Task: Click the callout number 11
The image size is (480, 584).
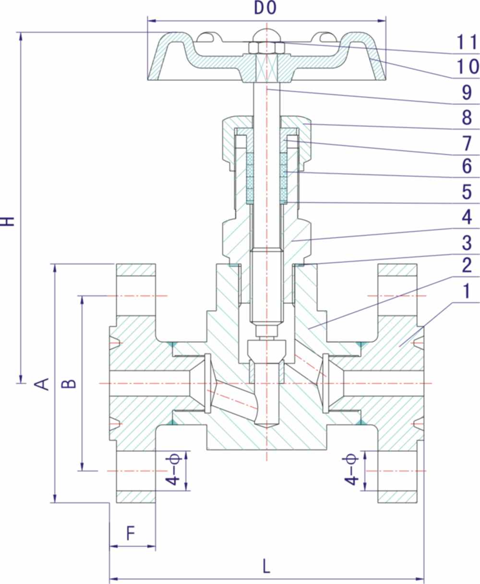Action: click(467, 43)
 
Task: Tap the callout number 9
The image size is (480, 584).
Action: click(467, 93)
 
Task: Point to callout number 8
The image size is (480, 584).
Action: click(467, 118)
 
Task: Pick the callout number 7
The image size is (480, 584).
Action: click(467, 143)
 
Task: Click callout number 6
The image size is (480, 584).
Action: click(467, 167)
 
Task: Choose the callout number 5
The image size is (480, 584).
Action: click(467, 192)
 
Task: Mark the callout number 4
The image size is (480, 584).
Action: click(467, 217)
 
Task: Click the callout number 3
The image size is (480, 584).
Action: click(467, 243)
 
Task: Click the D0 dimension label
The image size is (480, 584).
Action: click(265, 9)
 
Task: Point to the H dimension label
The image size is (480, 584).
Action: click(8, 221)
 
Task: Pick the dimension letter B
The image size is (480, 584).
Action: click(70, 383)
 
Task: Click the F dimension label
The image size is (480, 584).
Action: click(131, 534)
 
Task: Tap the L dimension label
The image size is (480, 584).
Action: click(266, 566)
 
